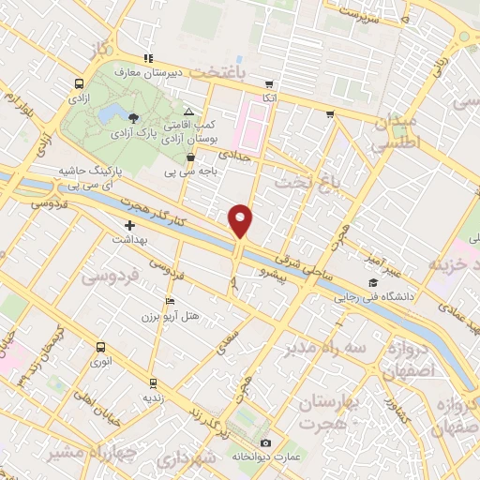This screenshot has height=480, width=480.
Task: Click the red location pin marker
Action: (241, 220)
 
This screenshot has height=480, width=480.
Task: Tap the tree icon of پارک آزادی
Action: (132, 117)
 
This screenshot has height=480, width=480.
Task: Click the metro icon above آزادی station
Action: (78, 82)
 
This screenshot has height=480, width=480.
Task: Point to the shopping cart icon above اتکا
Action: (270, 82)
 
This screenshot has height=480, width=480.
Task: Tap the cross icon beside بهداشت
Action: (129, 225)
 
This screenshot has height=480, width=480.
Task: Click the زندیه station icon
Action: (153, 383)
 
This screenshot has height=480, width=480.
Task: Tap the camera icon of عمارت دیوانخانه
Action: (265, 442)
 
